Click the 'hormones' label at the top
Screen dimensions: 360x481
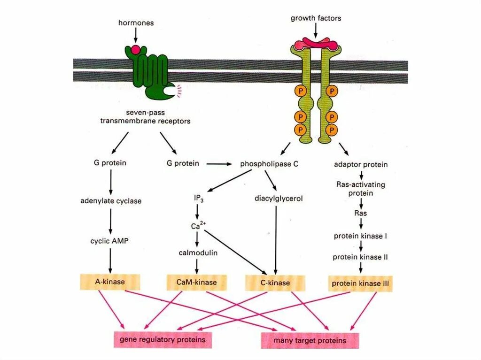coord(136,23)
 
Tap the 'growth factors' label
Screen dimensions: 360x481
coord(316,18)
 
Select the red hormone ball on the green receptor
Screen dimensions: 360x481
coord(135,49)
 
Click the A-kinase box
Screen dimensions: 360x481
coord(110,283)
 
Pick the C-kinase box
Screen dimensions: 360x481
coord(275,283)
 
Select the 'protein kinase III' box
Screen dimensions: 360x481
coord(360,283)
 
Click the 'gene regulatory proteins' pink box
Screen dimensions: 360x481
coord(162,339)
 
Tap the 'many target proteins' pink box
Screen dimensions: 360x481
coord(310,340)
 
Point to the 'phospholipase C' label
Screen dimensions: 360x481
coord(269,164)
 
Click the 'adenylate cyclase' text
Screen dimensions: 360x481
coord(110,201)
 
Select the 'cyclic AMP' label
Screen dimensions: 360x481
coord(109,241)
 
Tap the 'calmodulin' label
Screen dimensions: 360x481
coord(197,253)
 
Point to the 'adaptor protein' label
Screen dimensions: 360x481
coord(360,164)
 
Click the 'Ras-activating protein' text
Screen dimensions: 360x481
coord(360,189)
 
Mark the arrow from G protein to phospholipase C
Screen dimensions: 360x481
coord(219,164)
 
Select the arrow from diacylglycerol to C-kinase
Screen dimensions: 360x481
coord(275,239)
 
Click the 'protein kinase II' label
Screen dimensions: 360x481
coord(360,257)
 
